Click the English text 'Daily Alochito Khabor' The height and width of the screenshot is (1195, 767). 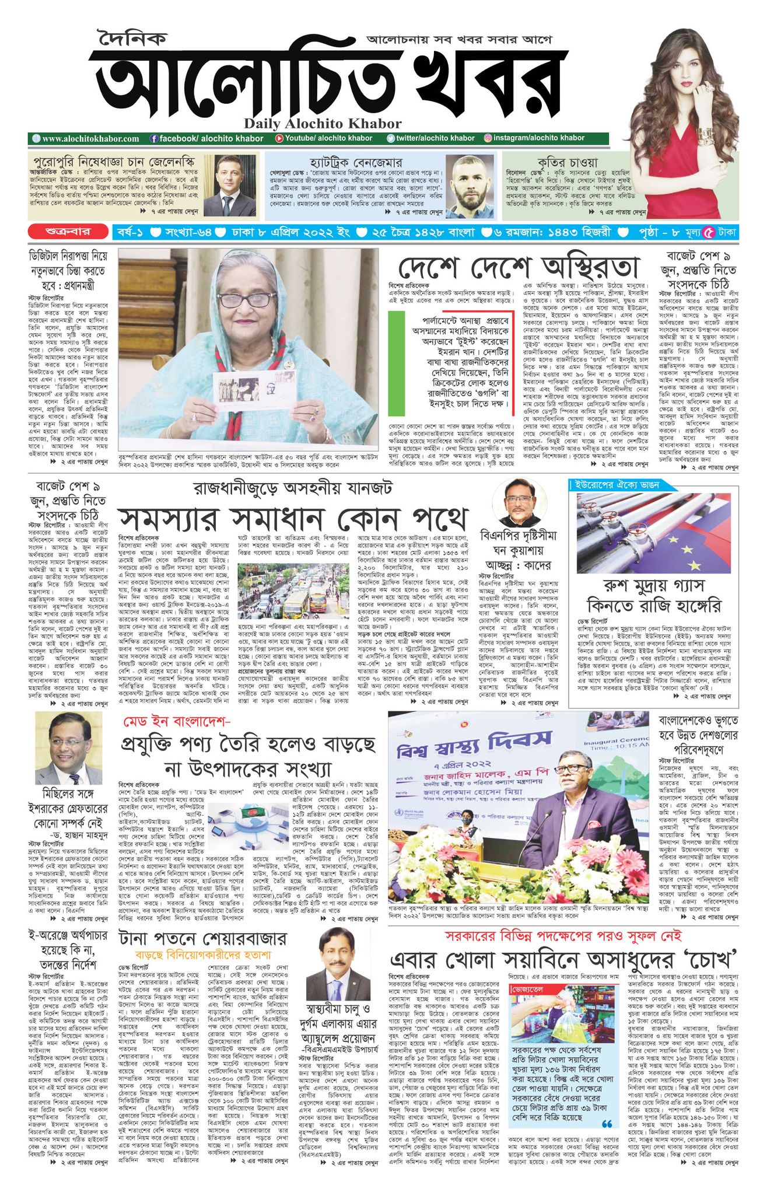coord(323,123)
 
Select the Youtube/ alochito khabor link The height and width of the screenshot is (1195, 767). coord(323,138)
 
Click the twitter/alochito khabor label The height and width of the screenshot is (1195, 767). coord(431,138)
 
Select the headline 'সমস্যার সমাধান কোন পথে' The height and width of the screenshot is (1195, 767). coord(293,517)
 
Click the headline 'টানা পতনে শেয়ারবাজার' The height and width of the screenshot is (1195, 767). coord(202,938)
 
